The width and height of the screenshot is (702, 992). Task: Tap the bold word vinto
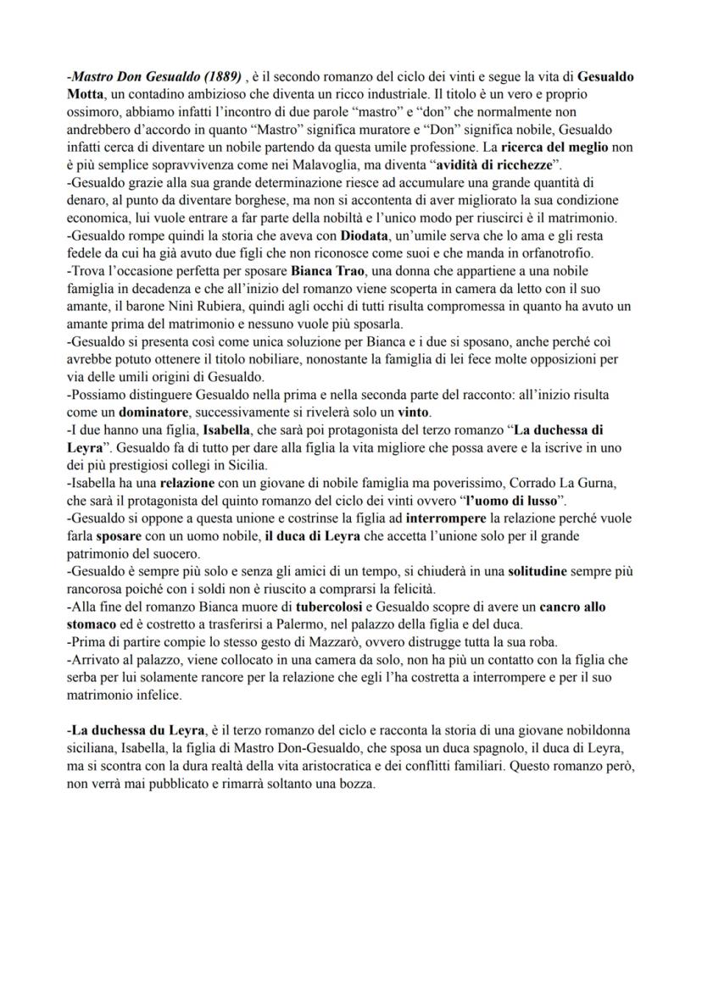coord(414,413)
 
